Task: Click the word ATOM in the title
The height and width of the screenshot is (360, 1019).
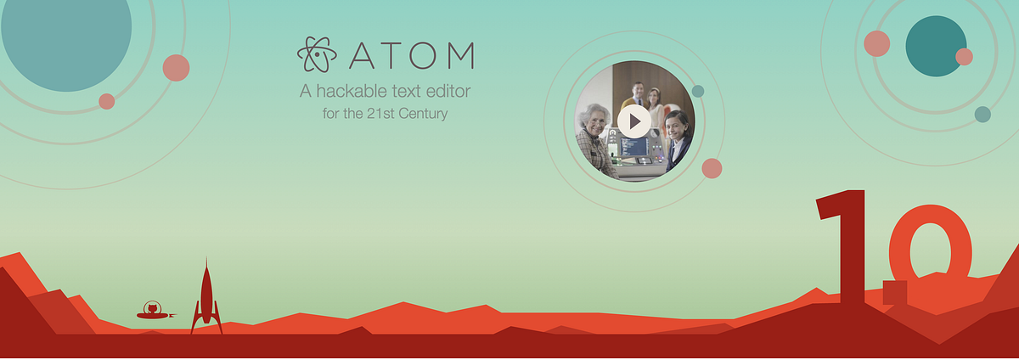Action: click(412, 55)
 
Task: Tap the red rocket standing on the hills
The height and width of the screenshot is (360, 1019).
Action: click(206, 297)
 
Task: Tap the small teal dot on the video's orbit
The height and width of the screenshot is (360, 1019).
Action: click(698, 91)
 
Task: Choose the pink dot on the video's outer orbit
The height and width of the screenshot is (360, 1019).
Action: click(712, 168)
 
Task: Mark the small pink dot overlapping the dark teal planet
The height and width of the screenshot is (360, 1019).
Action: click(964, 57)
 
